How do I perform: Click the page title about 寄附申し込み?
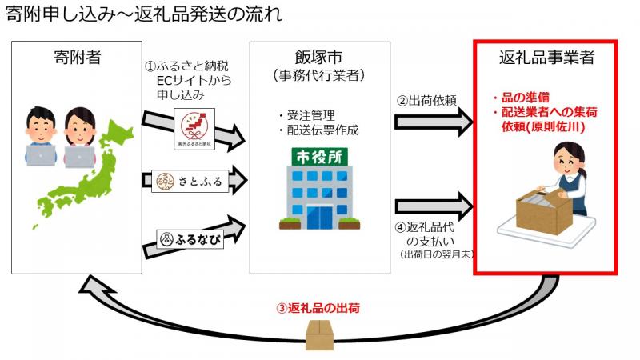pos(148,15)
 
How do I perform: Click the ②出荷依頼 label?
pos(426,102)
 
